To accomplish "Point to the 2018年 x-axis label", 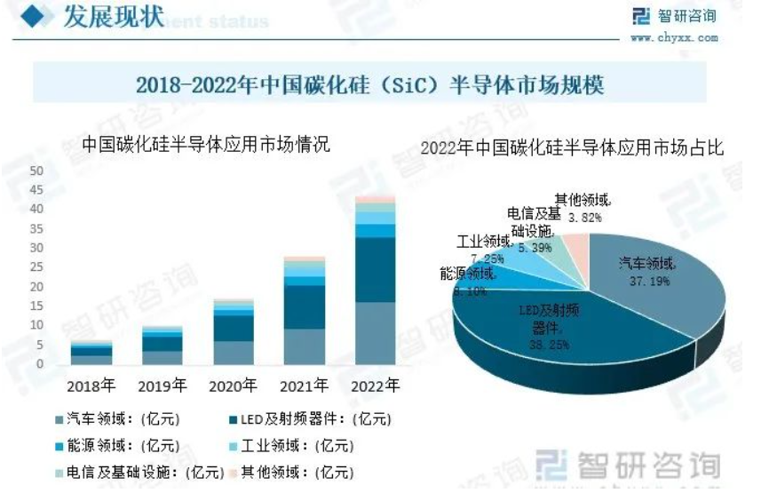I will pos(91,386).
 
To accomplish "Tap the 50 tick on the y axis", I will pos(36,171).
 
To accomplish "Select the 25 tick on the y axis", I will pos(36,267).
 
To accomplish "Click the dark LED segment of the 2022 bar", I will pos(375,269).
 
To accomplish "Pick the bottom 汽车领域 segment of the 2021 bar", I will pos(304,346).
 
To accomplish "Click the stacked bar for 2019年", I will pos(163,346).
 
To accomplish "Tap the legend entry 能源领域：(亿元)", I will pos(116,446).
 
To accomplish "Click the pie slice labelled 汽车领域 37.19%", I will pos(648,275).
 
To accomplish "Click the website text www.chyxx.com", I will pos(674,38).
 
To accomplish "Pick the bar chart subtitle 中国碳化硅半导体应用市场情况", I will pos(205,144).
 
